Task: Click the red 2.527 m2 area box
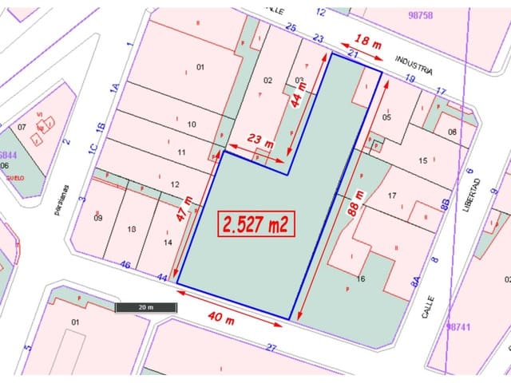tap(256, 224)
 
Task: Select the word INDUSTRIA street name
tap(415, 66)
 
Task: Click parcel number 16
tap(361, 278)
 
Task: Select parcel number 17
tap(391, 195)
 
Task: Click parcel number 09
tap(98, 218)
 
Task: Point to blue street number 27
tap(271, 347)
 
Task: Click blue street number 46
tap(125, 264)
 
